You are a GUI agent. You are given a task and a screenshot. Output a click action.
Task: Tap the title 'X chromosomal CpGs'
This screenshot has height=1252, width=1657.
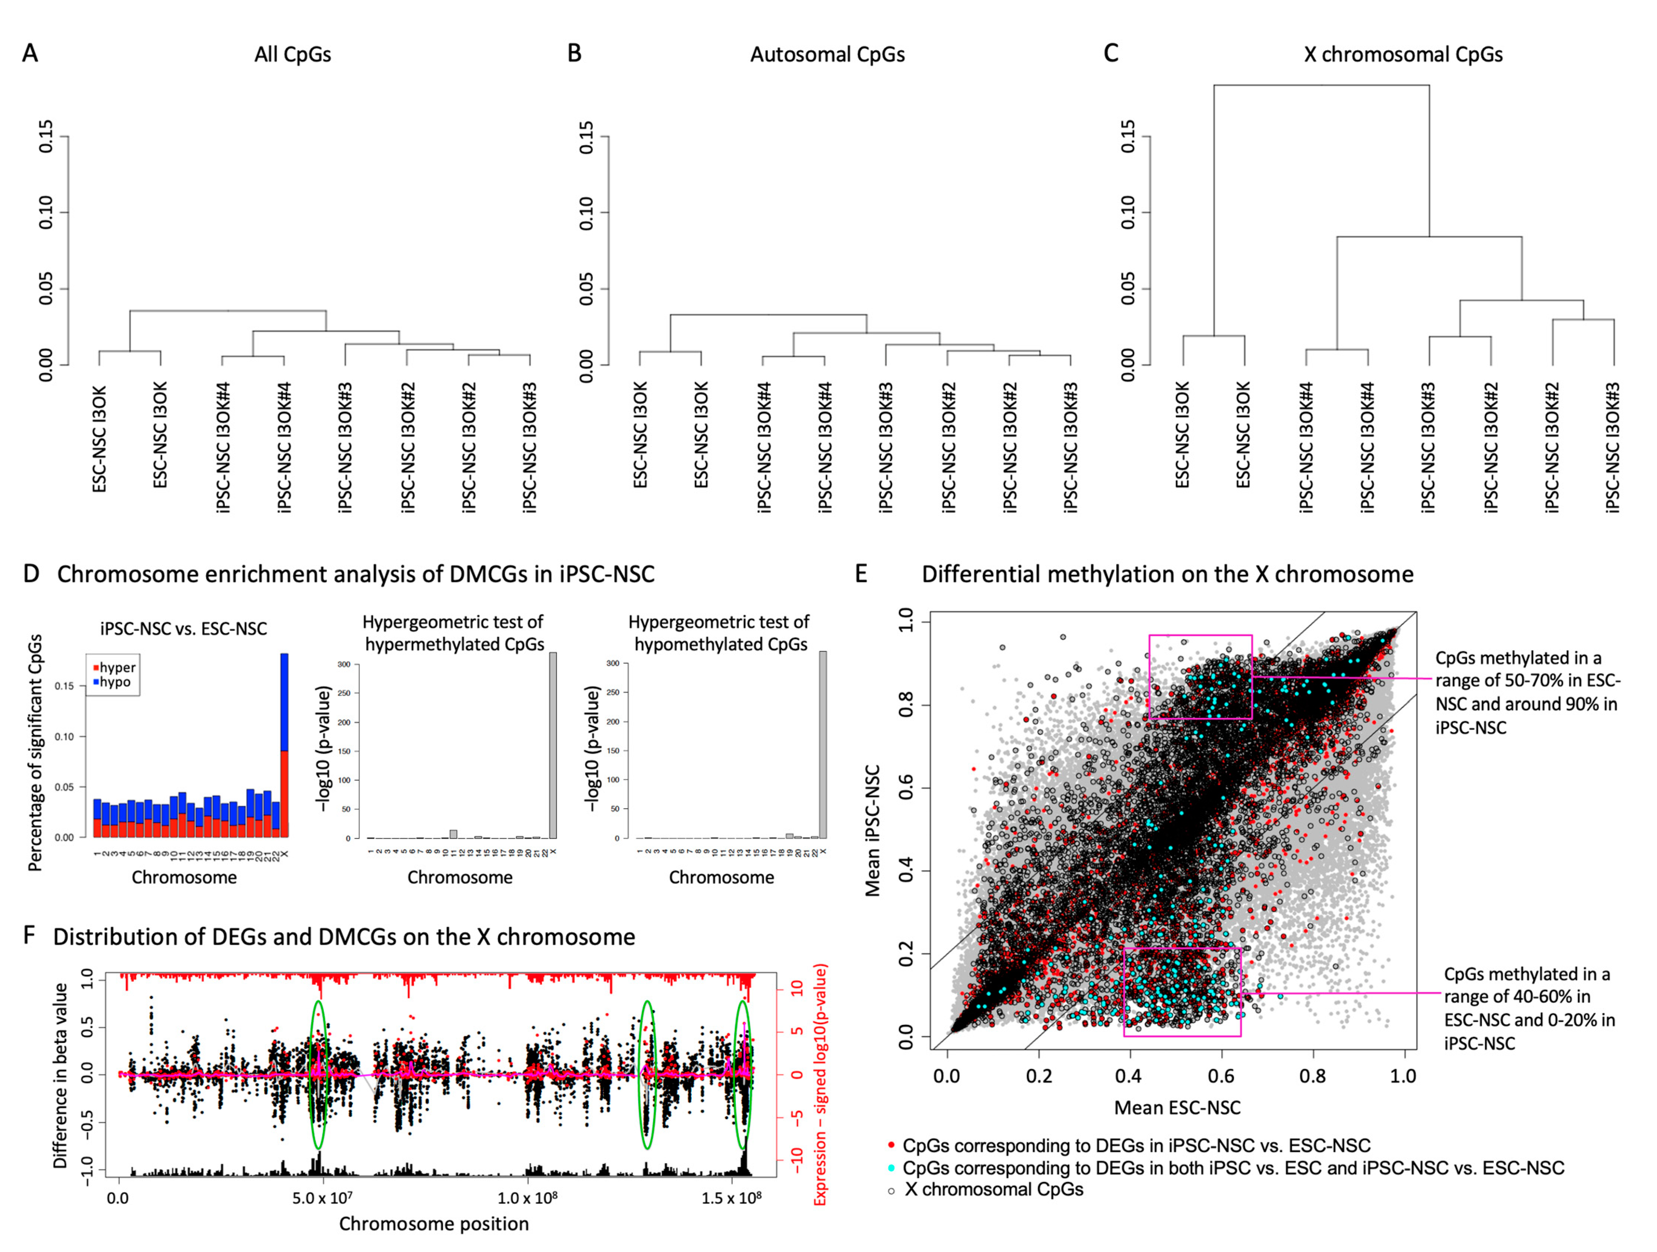pyautogui.click(x=1403, y=55)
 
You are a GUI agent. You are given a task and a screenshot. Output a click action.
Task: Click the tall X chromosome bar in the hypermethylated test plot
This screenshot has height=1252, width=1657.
pyautogui.click(x=553, y=745)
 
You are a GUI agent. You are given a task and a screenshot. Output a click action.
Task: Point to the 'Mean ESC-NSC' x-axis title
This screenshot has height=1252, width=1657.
pyautogui.click(x=1177, y=1108)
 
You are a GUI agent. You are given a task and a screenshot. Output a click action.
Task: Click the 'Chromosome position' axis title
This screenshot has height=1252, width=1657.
pyautogui.click(x=434, y=1224)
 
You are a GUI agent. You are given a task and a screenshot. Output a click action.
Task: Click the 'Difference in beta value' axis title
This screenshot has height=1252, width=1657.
pyautogui.click(x=60, y=1076)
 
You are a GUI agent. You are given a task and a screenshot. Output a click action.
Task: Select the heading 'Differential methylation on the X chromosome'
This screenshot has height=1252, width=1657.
pyautogui.click(x=1167, y=574)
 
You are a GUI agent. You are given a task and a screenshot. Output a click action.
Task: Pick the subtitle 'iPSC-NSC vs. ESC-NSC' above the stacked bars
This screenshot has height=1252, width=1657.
pyautogui.click(x=184, y=628)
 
